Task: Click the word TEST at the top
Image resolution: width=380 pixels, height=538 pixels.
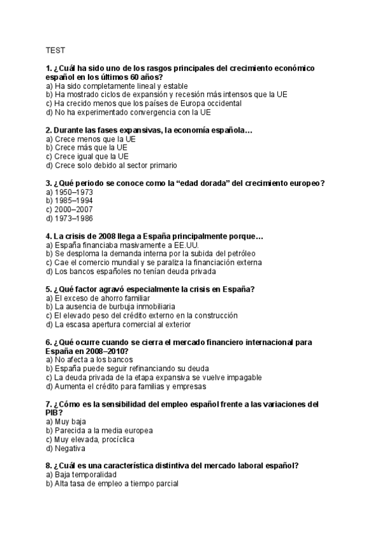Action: pyautogui.click(x=54, y=49)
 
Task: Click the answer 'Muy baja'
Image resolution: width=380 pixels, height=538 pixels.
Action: pyautogui.click(x=70, y=421)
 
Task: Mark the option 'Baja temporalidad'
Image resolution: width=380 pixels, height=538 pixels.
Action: pyautogui.click(x=85, y=475)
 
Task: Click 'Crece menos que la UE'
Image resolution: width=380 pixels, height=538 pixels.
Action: pyautogui.click(x=91, y=139)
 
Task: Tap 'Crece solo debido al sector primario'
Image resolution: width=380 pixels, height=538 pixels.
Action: pyautogui.click(x=111, y=166)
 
